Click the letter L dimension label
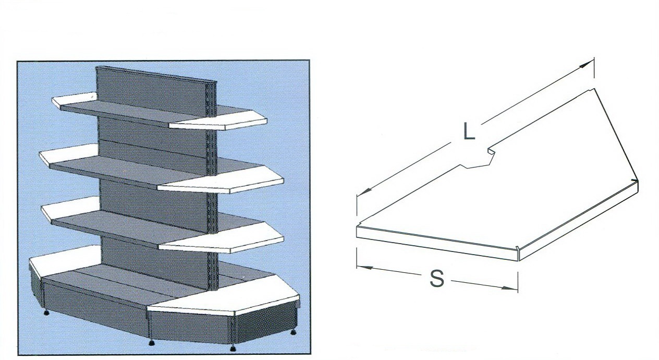pos(469,131)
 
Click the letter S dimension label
pos(437,279)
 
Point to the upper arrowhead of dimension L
pos(587,65)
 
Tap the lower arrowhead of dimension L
pos(363,191)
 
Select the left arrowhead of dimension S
pos(365,268)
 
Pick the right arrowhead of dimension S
pos(509,288)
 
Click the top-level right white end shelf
pos(218,120)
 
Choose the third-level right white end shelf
pos(221,239)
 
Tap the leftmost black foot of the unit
pos(46,313)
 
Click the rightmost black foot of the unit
pos(294,332)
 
